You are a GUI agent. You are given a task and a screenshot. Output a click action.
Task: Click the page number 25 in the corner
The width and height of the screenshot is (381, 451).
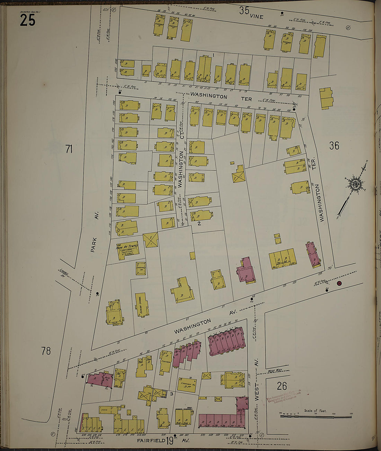27,21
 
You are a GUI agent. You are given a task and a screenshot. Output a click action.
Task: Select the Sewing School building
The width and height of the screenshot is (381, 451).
142,304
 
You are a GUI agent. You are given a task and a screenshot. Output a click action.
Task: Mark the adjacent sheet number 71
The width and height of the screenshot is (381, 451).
69,149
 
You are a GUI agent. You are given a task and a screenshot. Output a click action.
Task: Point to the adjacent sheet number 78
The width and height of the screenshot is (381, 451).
46,351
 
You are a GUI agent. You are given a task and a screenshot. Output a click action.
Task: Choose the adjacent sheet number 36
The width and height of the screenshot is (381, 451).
334,146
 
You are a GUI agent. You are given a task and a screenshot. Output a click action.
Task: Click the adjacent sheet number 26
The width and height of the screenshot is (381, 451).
282,386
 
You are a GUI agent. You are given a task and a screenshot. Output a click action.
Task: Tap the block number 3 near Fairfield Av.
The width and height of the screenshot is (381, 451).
171,394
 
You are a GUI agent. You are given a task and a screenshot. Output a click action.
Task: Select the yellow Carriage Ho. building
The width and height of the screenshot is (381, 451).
187,385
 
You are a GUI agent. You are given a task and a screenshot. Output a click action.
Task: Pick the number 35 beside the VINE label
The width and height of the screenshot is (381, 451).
244,11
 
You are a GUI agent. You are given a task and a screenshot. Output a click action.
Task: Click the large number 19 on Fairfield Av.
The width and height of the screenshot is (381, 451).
169,441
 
